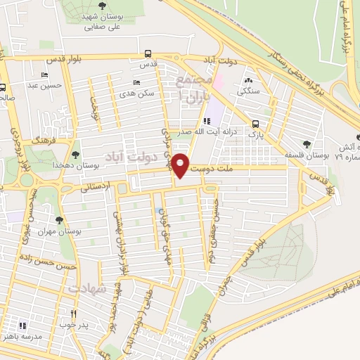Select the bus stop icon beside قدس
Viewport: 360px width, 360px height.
(x=147, y=53)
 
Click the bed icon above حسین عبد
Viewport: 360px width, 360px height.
(x=46, y=75)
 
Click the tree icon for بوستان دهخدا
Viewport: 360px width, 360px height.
(x=75, y=155)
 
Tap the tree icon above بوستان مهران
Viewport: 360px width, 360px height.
(x=59, y=220)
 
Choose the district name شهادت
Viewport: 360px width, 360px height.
(x=89, y=288)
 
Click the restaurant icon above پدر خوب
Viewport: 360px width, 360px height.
(x=73, y=314)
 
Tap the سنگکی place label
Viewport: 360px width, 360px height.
(x=250, y=90)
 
